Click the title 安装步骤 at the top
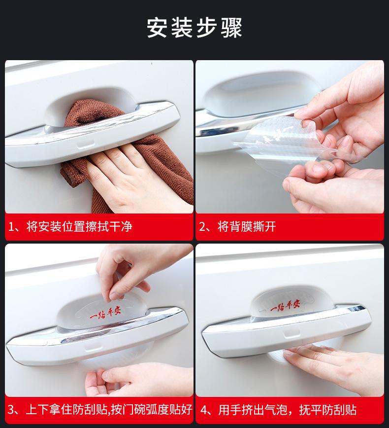pos(194,28)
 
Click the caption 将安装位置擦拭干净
pos(79,227)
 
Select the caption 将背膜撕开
pos(247,227)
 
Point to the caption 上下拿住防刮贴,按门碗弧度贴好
pos(109,410)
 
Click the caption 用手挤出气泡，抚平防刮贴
pos(288,410)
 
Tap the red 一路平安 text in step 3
pos(105,314)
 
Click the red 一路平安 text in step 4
pos(285,306)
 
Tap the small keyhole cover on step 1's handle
pos(85,144)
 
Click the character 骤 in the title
pos(231,28)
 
